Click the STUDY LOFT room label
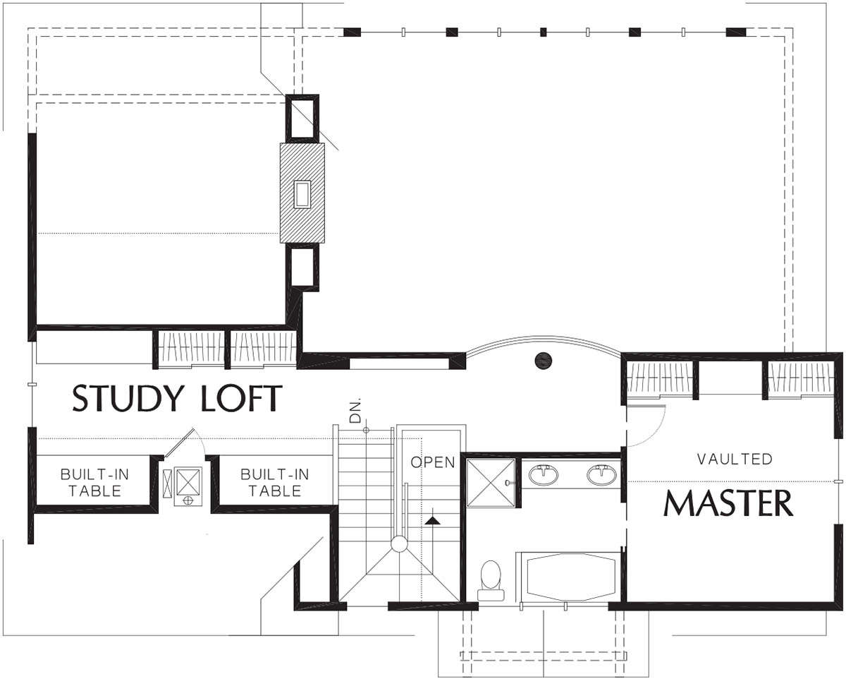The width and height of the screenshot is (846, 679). click(177, 398)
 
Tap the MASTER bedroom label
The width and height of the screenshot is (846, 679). click(728, 503)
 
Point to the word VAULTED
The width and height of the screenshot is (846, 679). click(735, 459)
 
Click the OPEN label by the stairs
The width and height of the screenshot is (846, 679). click(432, 462)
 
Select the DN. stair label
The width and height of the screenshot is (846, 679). click(355, 411)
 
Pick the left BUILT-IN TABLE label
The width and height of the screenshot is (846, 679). click(94, 483)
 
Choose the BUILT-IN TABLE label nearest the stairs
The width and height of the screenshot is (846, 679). click(274, 483)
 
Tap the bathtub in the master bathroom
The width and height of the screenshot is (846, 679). click(570, 577)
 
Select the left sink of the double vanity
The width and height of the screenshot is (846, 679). click(544, 474)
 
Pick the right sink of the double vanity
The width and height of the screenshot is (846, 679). click(601, 474)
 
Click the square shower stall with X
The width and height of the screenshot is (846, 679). click(491, 482)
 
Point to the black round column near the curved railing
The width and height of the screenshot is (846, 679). click(544, 360)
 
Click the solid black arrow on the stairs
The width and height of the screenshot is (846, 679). click(432, 521)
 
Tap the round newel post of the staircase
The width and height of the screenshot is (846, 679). click(399, 544)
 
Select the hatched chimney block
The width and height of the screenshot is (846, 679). click(302, 193)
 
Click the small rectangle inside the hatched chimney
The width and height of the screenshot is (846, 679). click(302, 193)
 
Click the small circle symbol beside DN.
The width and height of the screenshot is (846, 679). click(366, 431)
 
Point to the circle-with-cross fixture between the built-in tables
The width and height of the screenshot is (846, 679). click(188, 500)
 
